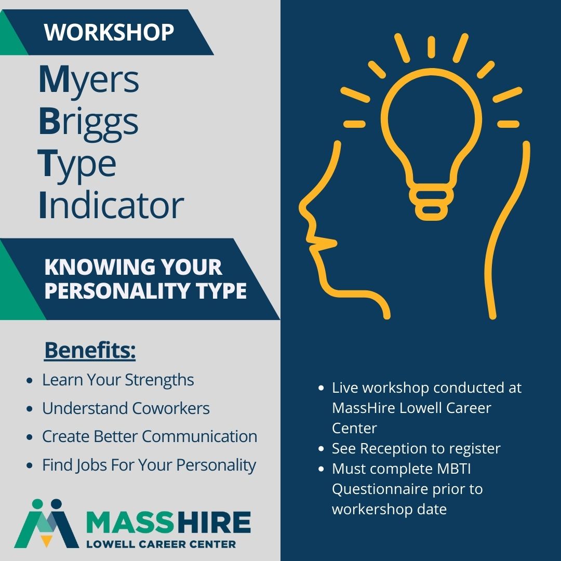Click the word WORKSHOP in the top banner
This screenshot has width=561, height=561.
(x=109, y=32)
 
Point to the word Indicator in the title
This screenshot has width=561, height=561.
(x=111, y=205)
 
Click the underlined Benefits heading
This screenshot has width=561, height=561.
(x=90, y=350)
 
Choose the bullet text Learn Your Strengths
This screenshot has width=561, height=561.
(x=118, y=380)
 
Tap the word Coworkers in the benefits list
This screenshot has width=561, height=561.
(x=171, y=408)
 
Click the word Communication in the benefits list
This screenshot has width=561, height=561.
(x=199, y=436)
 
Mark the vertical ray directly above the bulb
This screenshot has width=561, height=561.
(x=431, y=47)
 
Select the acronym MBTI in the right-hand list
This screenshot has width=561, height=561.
(x=454, y=469)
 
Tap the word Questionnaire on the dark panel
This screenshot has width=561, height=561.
(x=380, y=489)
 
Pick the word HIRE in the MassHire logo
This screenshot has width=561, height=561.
(x=215, y=523)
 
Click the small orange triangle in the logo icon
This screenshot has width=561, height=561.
(x=46, y=541)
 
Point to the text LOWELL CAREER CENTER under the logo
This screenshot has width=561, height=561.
(x=161, y=544)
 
